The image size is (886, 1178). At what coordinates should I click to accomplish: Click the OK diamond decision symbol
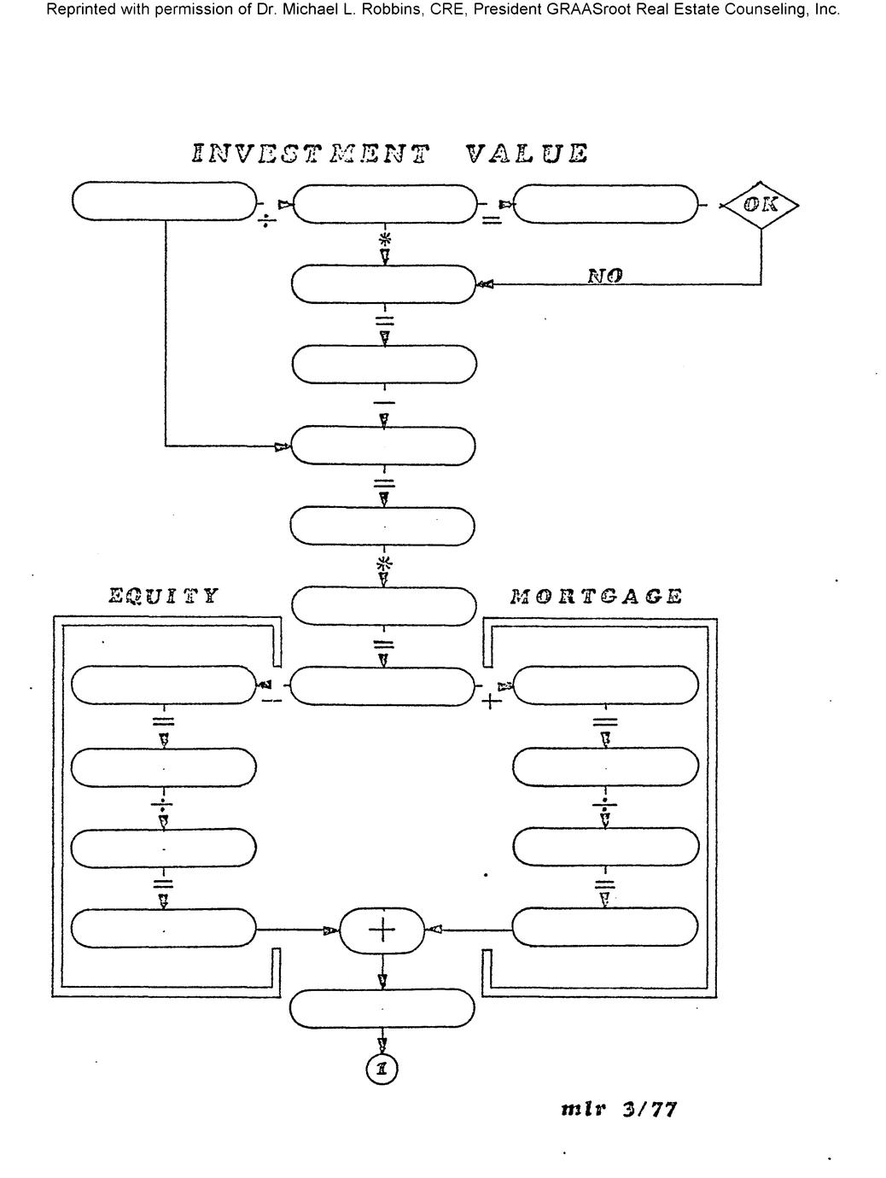coord(759,205)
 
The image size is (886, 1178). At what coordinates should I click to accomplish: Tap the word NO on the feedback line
coord(605,276)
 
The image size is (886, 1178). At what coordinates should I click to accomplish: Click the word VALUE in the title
coord(528,154)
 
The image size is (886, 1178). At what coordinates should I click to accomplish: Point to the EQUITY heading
coord(163,596)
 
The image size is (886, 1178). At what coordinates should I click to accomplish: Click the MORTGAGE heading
coord(596,596)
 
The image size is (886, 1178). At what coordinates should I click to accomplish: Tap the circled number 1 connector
coord(382,1069)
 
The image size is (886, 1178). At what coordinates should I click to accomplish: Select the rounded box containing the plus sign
coord(382,930)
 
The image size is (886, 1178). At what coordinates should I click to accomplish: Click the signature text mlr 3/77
coord(619,1110)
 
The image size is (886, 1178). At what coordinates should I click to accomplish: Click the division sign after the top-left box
coord(268,222)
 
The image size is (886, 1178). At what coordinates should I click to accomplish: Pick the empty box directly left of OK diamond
coord(605,204)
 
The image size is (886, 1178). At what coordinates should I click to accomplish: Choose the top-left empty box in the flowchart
coord(164,202)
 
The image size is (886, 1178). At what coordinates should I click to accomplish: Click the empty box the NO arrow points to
coord(383,284)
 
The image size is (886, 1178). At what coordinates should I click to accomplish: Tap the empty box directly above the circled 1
coord(382,1009)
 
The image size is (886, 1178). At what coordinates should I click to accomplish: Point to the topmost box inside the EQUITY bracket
coord(164,685)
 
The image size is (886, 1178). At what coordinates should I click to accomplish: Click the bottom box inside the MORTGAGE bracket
coord(605,927)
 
